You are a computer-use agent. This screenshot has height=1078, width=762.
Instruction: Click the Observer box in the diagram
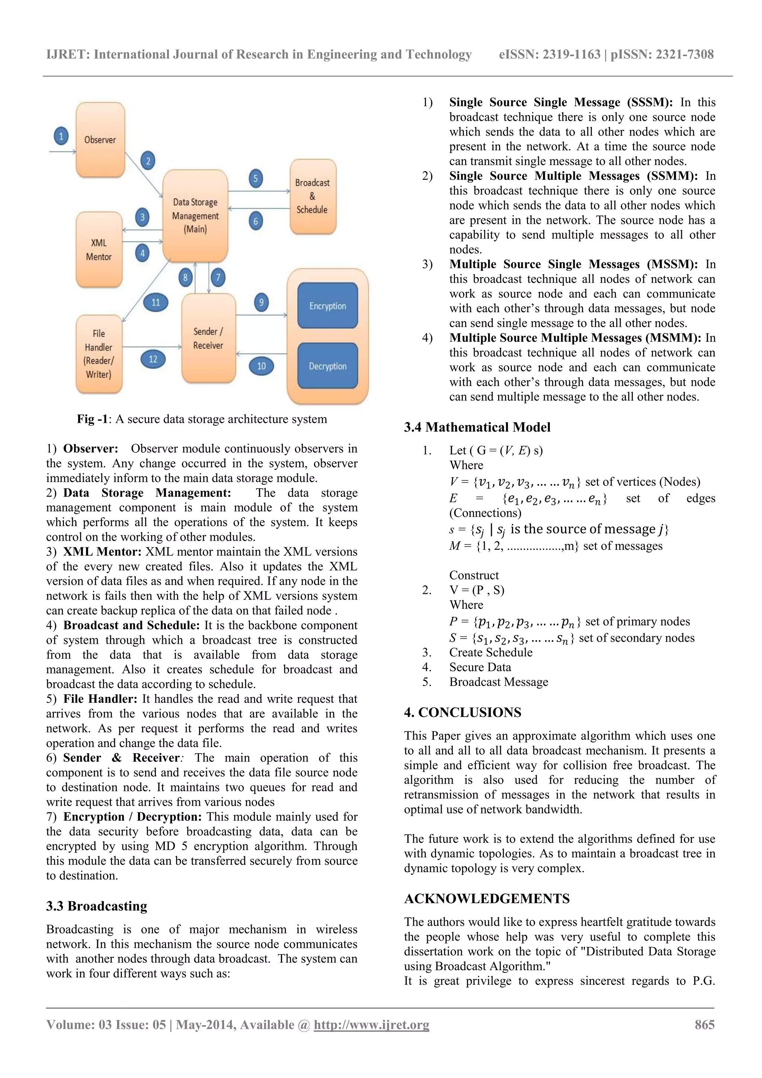tap(100, 140)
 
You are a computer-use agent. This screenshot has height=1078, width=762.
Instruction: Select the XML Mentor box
tap(99, 249)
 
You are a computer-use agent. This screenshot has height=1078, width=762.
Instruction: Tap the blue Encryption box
tap(327, 306)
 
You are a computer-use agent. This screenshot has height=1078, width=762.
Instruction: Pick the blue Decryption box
tap(327, 366)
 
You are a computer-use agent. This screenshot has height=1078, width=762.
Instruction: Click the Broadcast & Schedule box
tap(312, 196)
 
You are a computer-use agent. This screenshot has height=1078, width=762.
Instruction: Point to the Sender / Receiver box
tap(208, 338)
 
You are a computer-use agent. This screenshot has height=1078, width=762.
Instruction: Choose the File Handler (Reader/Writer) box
tap(99, 354)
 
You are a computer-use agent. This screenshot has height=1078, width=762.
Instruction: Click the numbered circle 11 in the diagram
tap(156, 303)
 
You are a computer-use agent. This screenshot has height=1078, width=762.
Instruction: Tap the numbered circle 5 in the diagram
tap(255, 178)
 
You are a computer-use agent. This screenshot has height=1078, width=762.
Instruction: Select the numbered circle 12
tap(153, 359)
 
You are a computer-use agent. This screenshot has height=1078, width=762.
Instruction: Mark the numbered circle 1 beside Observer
tap(61, 137)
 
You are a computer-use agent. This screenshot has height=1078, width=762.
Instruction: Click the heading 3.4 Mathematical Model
tap(477, 427)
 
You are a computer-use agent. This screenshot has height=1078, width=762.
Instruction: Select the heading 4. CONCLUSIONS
tap(462, 712)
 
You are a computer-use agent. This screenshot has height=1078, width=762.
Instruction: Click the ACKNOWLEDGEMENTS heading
tap(487, 898)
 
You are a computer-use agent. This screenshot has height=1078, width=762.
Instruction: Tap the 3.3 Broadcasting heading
tap(96, 906)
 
